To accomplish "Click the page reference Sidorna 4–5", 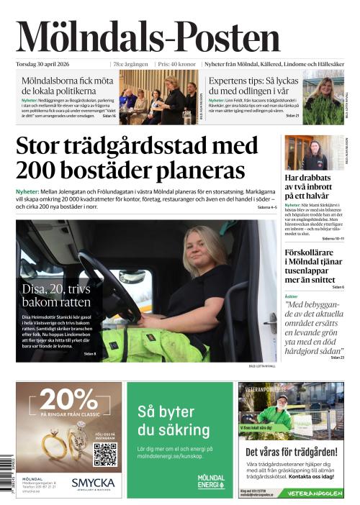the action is pos(266,207).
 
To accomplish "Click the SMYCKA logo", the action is pos(93,483).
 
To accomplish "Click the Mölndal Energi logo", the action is pos(210,481).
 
